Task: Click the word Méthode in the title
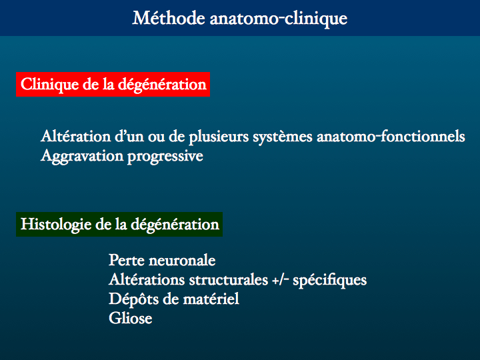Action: click(x=169, y=18)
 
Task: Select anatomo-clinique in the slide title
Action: click(x=279, y=19)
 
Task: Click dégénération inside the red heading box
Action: click(x=162, y=85)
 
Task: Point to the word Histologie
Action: click(x=56, y=225)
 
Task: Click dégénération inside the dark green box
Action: click(x=175, y=225)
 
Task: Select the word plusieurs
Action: click(x=219, y=137)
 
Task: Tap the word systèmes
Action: click(x=283, y=137)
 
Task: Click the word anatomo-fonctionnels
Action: click(x=391, y=136)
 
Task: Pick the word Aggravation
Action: click(x=82, y=157)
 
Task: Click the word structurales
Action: click(x=229, y=280)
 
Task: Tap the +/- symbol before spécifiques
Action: click(x=281, y=280)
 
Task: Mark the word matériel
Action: click(x=211, y=299)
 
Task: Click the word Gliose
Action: click(x=131, y=319)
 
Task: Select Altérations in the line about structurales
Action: click(x=147, y=280)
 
